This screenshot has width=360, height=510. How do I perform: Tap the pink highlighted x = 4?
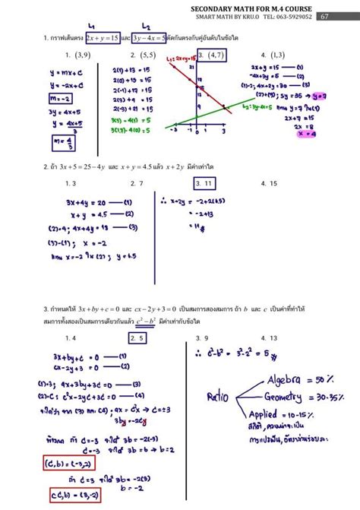pos(308,134)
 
